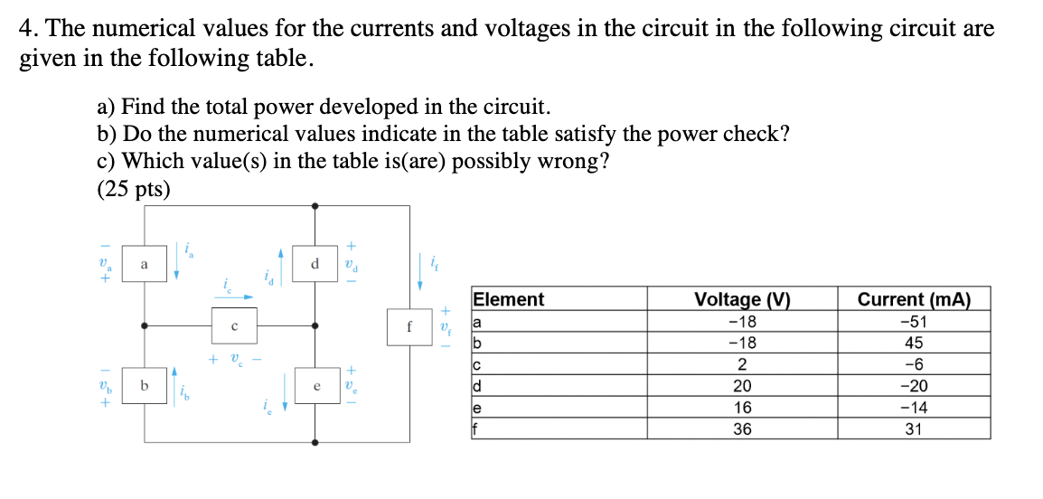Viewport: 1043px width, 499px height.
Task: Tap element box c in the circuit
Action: [233, 326]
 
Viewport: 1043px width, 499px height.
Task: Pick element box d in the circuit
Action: [314, 265]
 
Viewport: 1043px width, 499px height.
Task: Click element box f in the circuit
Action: [409, 326]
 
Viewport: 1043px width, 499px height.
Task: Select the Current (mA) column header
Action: [913, 300]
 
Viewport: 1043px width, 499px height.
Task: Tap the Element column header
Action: [509, 300]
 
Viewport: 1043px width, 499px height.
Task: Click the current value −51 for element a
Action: [913, 322]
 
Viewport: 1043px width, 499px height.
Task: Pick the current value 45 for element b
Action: [913, 344]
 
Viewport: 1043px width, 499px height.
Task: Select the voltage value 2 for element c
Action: [741, 364]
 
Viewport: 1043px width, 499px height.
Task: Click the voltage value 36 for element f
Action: [741, 429]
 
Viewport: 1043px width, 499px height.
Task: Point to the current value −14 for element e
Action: [913, 408]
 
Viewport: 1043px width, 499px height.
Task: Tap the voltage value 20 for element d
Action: [741, 386]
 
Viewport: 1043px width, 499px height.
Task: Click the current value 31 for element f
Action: [913, 429]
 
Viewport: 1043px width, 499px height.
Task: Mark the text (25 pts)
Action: [133, 190]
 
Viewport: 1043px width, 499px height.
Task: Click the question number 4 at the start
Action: [27, 29]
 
